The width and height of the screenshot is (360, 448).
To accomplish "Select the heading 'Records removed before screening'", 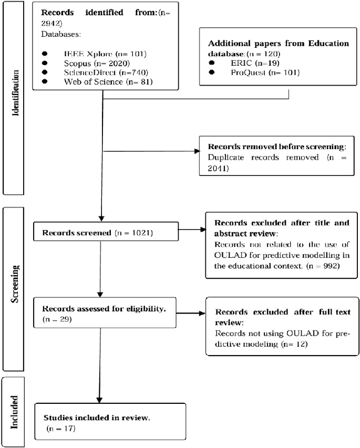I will click(270, 147).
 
